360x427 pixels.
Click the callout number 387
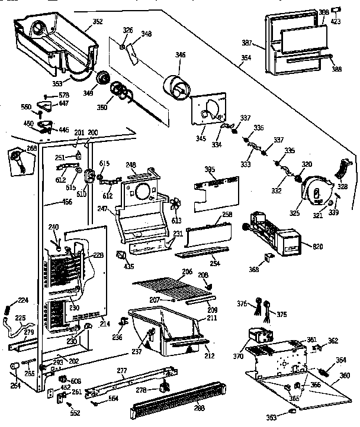(x=247, y=43)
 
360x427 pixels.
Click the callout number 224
(x=23, y=300)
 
